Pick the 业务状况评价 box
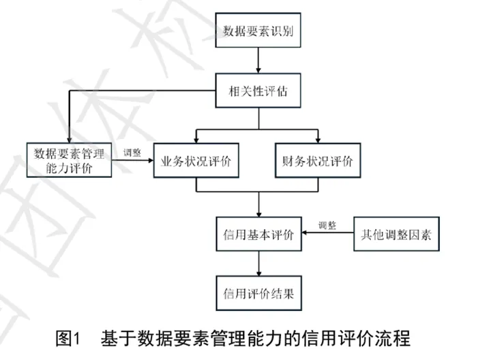pos(196,161)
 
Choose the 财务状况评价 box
pos(318,161)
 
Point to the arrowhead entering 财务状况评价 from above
pos(318,139)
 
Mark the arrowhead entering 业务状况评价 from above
pos(196,139)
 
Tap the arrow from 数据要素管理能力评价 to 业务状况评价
pos(132,161)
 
